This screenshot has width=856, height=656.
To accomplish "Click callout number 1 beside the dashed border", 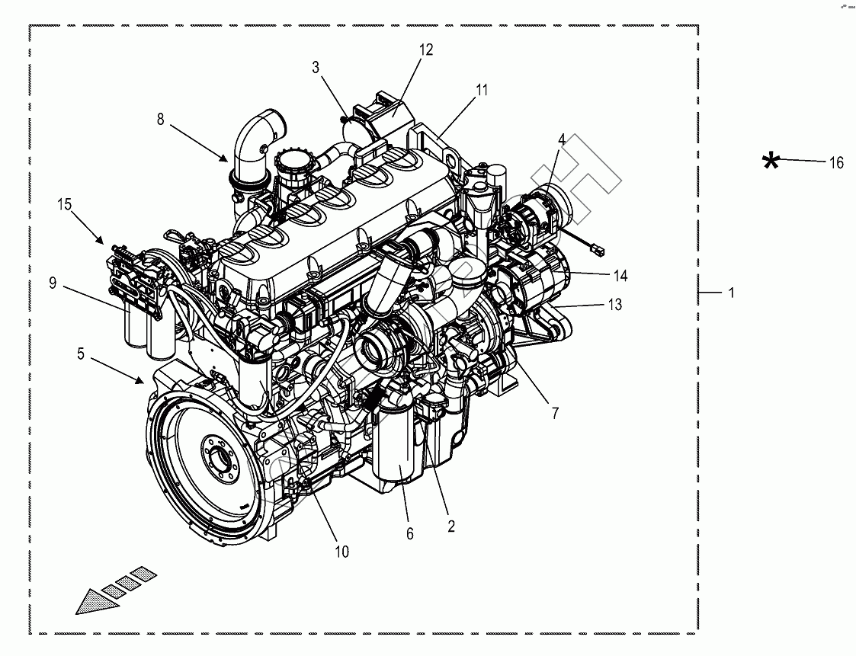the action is [x=731, y=293].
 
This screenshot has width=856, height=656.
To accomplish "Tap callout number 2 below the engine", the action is [x=450, y=526].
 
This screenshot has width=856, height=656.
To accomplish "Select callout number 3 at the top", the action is [x=316, y=67].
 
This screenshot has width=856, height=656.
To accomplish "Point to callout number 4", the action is [x=562, y=139].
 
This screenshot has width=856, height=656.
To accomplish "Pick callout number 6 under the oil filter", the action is [x=409, y=534].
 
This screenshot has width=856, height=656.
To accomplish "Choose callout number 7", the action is [x=555, y=414].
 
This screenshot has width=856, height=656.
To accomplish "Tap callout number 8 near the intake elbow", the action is [x=161, y=119].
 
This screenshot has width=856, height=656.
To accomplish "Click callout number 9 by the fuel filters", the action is [x=53, y=283].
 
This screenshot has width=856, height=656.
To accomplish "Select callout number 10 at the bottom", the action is [x=341, y=551].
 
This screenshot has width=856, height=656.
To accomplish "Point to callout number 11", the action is [x=482, y=90].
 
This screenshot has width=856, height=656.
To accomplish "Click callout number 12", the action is [x=425, y=50].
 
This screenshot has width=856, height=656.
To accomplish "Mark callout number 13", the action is [x=614, y=305].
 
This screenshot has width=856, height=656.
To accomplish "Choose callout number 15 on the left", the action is [x=64, y=204].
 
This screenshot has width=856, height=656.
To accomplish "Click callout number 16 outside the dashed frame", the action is [x=836, y=162].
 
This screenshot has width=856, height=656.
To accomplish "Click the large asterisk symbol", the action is [x=771, y=161].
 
